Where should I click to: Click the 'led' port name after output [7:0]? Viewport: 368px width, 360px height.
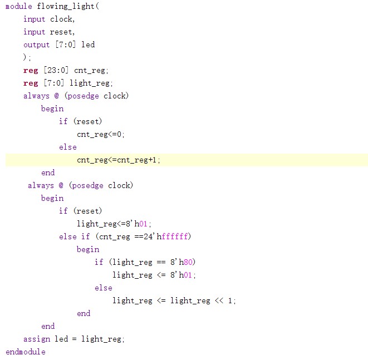[88, 45]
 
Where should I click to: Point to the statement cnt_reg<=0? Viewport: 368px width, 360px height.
[101, 134]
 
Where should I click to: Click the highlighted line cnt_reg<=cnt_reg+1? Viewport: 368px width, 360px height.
[119, 160]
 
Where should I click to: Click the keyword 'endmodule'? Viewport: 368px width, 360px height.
[26, 352]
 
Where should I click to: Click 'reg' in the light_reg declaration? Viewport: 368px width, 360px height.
[30, 83]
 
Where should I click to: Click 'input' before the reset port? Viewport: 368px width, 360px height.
[35, 32]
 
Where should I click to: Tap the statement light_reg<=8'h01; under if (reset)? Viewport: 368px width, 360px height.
[115, 224]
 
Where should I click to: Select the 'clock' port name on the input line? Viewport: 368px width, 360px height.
[61, 19]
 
